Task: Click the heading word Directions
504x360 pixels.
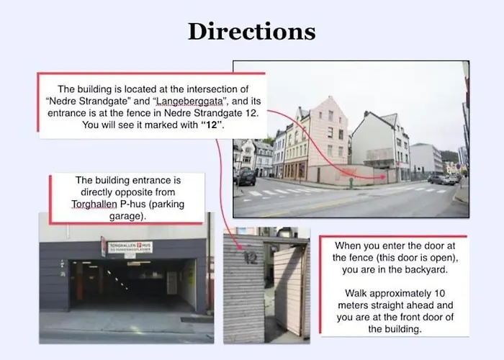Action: click(252, 32)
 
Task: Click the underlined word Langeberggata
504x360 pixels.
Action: click(189, 102)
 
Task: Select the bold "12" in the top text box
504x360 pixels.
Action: click(212, 125)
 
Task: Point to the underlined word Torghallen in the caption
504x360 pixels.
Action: click(94, 204)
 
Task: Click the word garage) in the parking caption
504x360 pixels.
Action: click(127, 216)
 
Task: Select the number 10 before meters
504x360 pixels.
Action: click(440, 294)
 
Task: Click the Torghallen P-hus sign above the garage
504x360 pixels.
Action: click(130, 247)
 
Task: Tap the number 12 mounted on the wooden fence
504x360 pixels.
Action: click(251, 258)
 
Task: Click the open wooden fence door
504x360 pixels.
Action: click(288, 290)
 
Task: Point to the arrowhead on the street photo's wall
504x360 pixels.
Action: click(383, 177)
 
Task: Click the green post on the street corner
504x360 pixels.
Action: click(351, 182)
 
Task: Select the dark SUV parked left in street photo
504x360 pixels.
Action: click(246, 176)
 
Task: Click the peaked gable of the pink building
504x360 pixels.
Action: click(330, 104)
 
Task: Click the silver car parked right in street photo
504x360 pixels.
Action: click(442, 179)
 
